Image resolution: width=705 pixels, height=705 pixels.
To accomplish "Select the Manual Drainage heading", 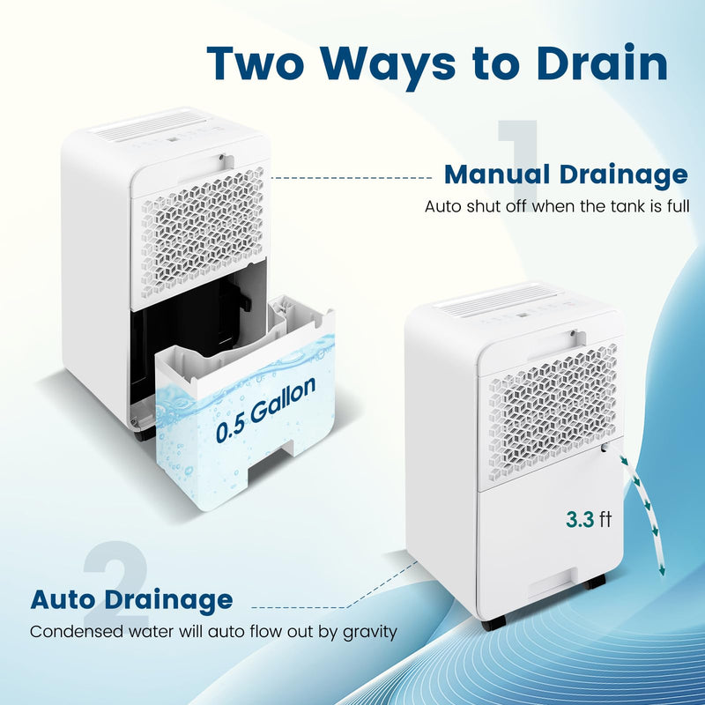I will pyautogui.click(x=565, y=174).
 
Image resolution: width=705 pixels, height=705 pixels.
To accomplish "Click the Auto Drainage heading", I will pyautogui.click(x=132, y=600).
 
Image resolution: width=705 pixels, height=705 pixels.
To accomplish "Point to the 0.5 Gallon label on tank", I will pyautogui.click(x=266, y=411).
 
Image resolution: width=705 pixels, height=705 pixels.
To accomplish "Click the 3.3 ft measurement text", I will pyautogui.click(x=589, y=519).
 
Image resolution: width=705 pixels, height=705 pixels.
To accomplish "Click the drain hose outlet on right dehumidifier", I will pyautogui.click(x=607, y=448).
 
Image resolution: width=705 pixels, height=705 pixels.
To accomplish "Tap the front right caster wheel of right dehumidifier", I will pyautogui.click(x=597, y=581).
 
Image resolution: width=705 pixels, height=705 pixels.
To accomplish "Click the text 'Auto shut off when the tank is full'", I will pyautogui.click(x=556, y=207).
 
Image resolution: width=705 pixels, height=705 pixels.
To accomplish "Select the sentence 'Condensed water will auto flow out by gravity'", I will pyautogui.click(x=213, y=632).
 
